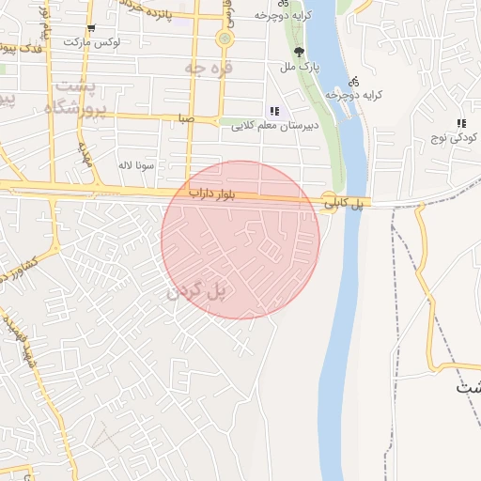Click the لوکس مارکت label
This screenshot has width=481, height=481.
(x=93, y=42)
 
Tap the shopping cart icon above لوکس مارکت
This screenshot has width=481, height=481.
(x=91, y=27)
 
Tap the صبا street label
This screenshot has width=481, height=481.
(x=187, y=119)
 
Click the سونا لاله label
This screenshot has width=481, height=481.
(x=135, y=164)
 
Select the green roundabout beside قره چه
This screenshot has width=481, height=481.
(x=225, y=39)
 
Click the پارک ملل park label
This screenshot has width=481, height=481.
(x=302, y=68)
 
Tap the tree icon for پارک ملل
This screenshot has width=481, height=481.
(x=300, y=53)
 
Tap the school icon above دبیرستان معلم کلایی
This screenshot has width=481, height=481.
(x=273, y=111)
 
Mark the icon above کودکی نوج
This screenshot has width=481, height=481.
(x=460, y=123)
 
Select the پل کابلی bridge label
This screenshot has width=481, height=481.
(x=344, y=202)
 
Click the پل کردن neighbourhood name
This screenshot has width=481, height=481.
(x=197, y=292)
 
